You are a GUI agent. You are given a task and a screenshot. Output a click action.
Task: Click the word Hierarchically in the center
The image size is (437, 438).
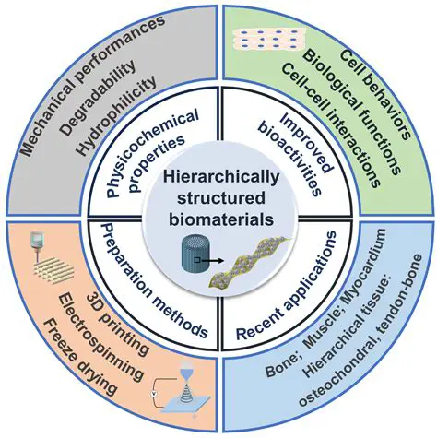[x=218, y=175]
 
